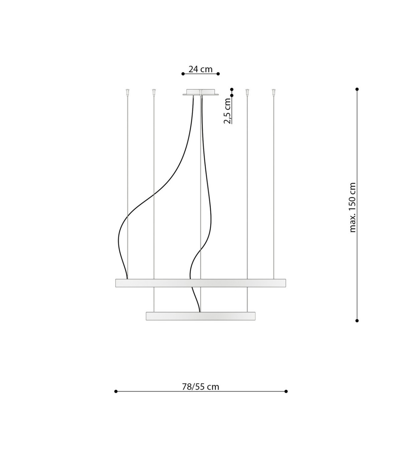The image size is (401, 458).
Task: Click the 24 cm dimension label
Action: [x=200, y=69]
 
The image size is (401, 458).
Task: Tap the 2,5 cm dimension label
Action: [x=227, y=111]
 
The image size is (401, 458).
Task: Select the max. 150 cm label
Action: [x=353, y=207]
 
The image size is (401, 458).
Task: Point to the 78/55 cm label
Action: [x=200, y=387]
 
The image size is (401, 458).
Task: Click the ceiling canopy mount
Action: [x=200, y=92]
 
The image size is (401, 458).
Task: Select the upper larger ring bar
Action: [x=200, y=283]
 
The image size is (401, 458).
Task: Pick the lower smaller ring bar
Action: [x=200, y=316]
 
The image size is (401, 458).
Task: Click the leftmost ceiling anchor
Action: [x=127, y=92]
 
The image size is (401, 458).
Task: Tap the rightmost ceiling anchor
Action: [x=273, y=92]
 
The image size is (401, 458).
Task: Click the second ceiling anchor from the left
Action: [x=154, y=92]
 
